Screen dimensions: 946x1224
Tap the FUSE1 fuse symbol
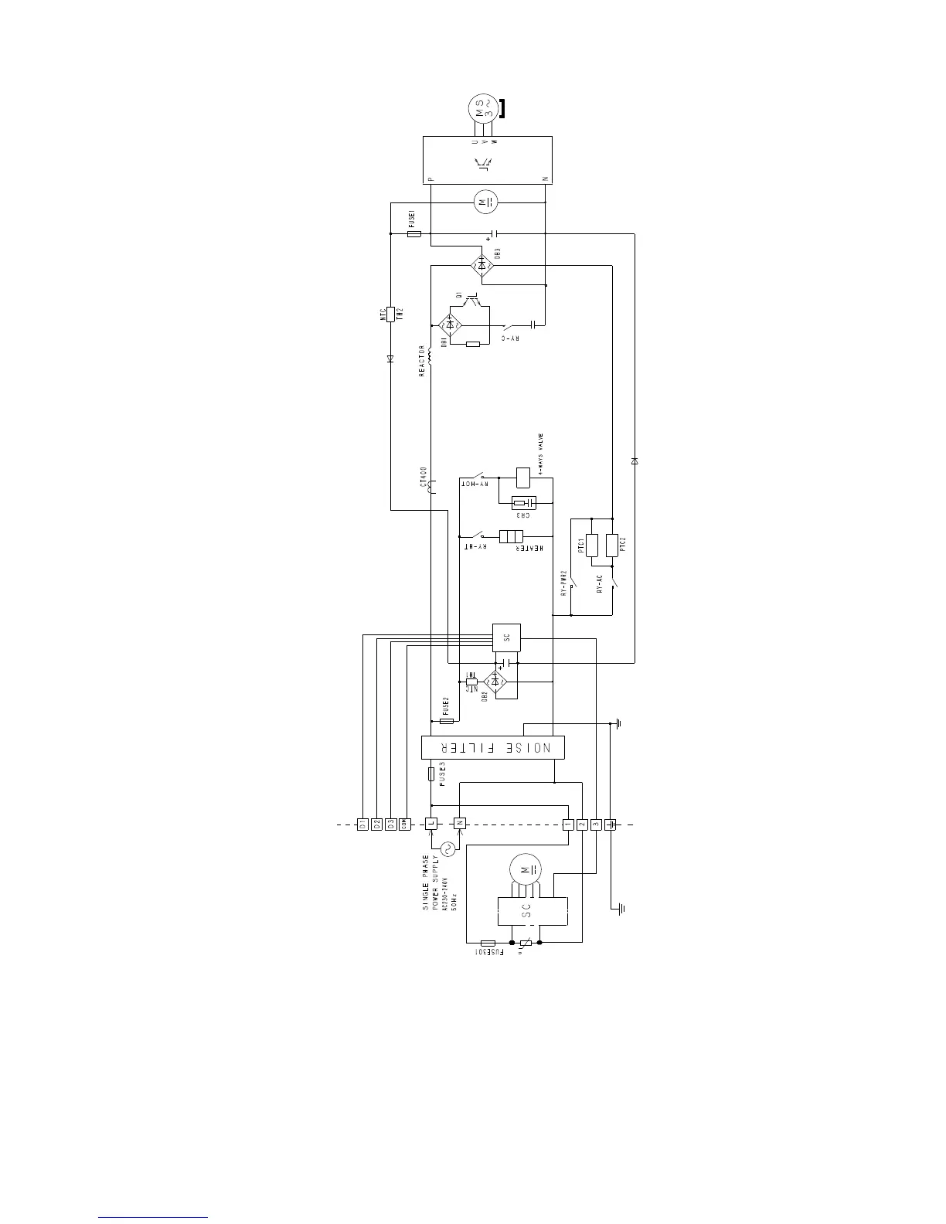414,233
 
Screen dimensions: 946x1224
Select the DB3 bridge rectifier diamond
483,266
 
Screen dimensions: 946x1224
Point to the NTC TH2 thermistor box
391,314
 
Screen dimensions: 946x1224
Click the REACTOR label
422,361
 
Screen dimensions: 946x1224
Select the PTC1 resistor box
592,546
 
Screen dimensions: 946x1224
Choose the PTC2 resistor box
612,546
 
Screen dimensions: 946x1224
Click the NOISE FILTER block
492,747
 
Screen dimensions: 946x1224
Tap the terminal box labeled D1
362,824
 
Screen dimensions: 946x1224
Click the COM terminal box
404,824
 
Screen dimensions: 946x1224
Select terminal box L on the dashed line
431,824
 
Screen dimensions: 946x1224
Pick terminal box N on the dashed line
459,824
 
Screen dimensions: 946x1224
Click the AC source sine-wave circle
446,849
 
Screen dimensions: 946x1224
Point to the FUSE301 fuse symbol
488,943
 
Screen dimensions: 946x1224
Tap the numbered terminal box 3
596,824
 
